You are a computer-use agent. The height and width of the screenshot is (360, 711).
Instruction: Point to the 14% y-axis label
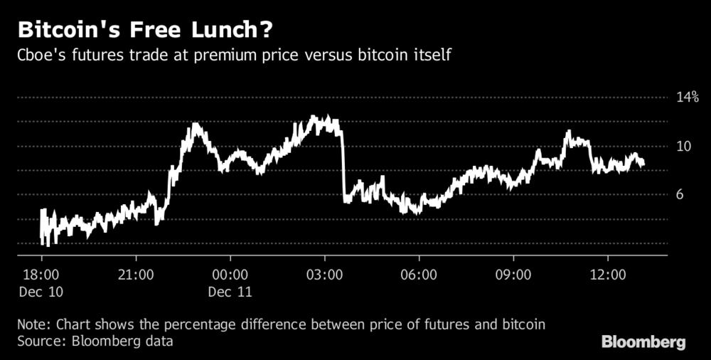click(x=687, y=97)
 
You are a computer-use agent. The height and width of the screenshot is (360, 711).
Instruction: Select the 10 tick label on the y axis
click(x=683, y=147)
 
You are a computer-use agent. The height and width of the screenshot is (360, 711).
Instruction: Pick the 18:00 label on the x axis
click(x=41, y=275)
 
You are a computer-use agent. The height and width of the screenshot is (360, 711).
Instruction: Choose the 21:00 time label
click(x=136, y=275)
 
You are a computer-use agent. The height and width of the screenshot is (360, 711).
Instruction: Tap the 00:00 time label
click(x=230, y=275)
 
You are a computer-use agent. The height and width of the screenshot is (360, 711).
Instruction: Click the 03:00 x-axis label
click(x=325, y=275)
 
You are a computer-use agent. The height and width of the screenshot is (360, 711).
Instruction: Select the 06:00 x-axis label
click(x=419, y=275)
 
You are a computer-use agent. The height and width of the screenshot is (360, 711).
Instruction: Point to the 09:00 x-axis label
click(x=513, y=275)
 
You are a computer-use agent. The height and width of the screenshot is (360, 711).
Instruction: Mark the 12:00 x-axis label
click(x=608, y=275)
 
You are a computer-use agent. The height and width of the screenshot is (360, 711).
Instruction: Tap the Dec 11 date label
click(x=231, y=291)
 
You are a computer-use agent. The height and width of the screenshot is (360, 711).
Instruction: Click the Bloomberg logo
click(x=644, y=342)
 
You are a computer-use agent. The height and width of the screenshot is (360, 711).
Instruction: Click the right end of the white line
click(x=643, y=165)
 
